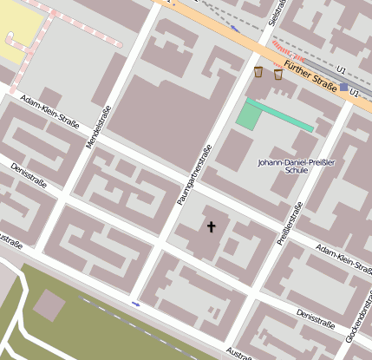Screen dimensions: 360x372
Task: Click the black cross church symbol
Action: [210, 227]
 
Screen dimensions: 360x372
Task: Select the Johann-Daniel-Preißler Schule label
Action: [296, 167]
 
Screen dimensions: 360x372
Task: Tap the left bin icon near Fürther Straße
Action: [258, 71]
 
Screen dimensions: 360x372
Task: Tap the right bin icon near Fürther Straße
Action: [277, 75]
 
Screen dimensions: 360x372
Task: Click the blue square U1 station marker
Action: [344, 88]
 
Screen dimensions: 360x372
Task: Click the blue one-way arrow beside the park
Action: [136, 304]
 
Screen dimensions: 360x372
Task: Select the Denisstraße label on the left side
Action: [29, 176]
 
